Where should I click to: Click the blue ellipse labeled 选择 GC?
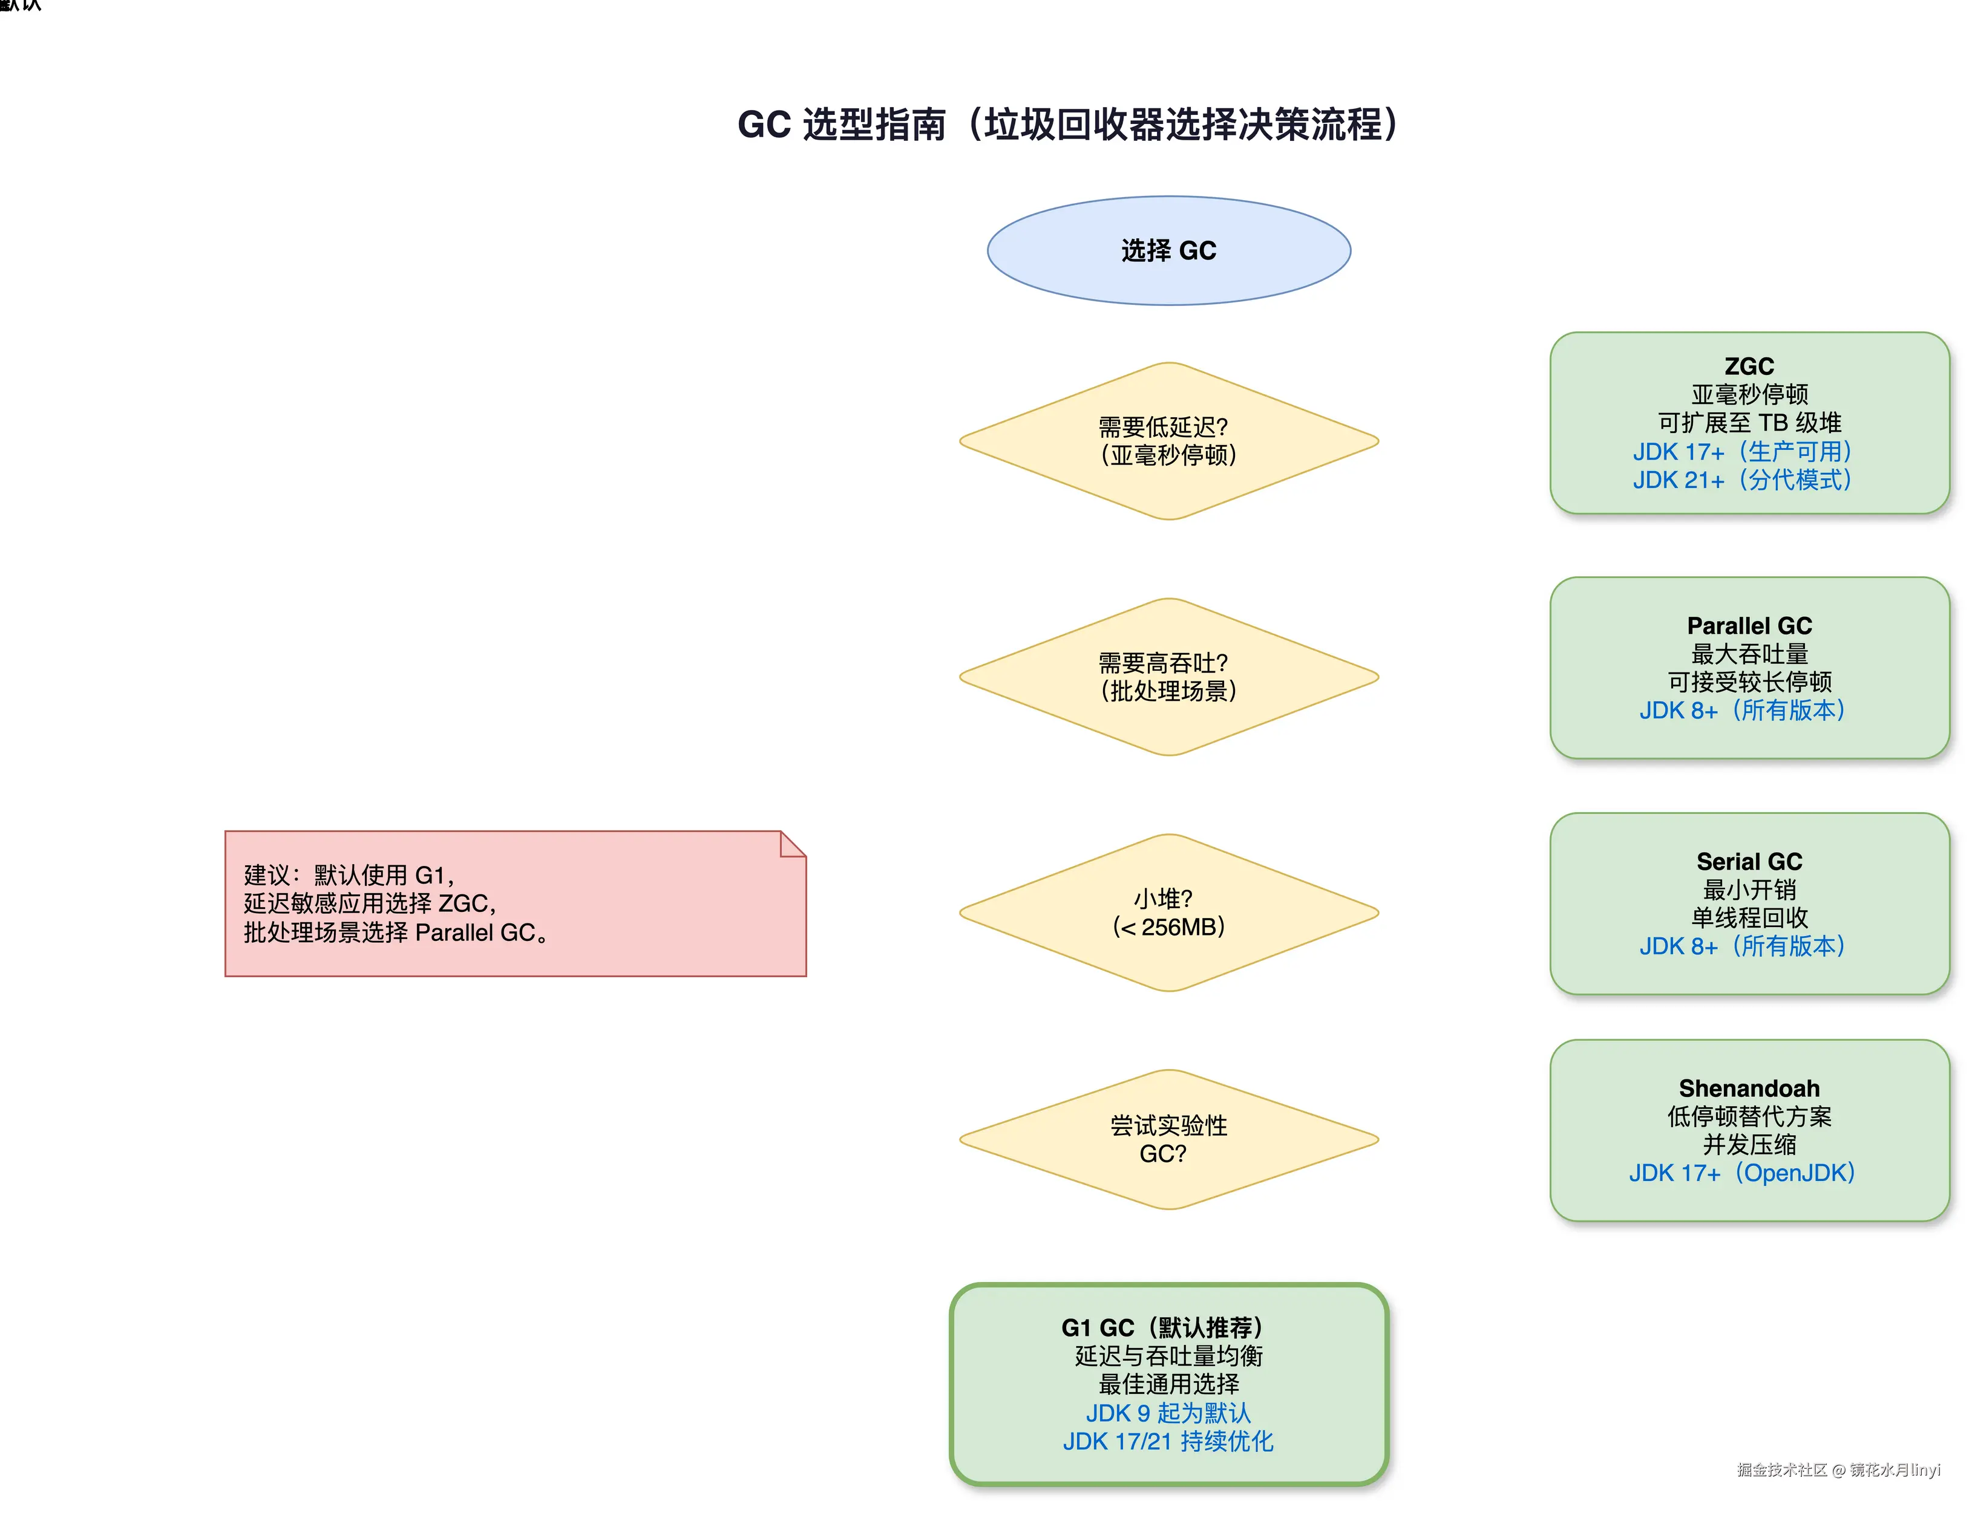tap(1168, 250)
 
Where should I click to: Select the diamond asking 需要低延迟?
tap(1168, 440)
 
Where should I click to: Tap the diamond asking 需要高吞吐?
tap(1168, 676)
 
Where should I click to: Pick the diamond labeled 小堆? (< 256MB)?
tap(1168, 913)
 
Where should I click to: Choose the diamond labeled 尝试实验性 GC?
tap(1168, 1139)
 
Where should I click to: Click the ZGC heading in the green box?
tap(1748, 366)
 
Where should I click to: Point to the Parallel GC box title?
tap(1748, 626)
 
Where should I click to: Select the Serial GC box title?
tap(1748, 862)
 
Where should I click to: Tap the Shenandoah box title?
tap(1748, 1089)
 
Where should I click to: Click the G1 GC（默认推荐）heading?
tap(1162, 1327)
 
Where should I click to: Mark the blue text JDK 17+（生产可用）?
tap(1741, 451)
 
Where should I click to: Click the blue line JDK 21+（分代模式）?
tap(1741, 480)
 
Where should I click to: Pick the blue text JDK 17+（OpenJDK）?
tap(1741, 1173)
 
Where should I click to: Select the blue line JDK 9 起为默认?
tap(1168, 1413)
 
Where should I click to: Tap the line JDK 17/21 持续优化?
tap(1168, 1442)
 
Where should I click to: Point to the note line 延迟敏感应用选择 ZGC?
tap(370, 903)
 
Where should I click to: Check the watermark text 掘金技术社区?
tap(1780, 1470)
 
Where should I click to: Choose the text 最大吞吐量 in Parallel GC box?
tap(1748, 654)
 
